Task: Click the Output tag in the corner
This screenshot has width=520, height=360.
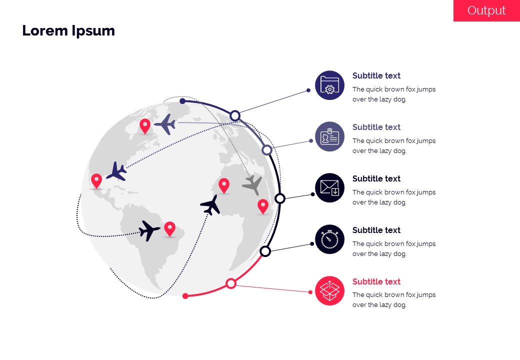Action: [x=486, y=10]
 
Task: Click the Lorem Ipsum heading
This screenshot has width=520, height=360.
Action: [x=68, y=30]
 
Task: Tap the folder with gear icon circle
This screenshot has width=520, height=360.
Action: [x=329, y=85]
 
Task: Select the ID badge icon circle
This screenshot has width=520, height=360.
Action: [x=329, y=136]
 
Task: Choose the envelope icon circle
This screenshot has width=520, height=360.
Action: [x=329, y=187]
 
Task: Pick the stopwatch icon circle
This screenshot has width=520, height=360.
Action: [x=329, y=239]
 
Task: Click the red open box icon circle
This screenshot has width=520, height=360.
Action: [x=329, y=290]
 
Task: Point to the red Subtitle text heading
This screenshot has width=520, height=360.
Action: [x=376, y=281]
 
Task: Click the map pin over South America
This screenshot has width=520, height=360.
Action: [x=170, y=228]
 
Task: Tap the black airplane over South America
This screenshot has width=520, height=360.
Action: [x=149, y=230]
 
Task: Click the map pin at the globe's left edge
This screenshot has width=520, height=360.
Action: [x=96, y=181]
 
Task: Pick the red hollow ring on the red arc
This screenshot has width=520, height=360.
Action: [x=231, y=283]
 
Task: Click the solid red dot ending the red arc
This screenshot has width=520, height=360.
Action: [x=185, y=296]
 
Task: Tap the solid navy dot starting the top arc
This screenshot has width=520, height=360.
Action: [x=182, y=101]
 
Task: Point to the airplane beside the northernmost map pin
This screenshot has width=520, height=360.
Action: [x=165, y=124]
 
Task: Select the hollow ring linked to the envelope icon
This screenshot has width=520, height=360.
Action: [x=280, y=198]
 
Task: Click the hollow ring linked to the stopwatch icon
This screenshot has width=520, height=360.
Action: [x=265, y=251]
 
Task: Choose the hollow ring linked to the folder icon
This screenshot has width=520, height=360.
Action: [x=235, y=115]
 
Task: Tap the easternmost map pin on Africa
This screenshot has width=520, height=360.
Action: [x=263, y=206]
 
